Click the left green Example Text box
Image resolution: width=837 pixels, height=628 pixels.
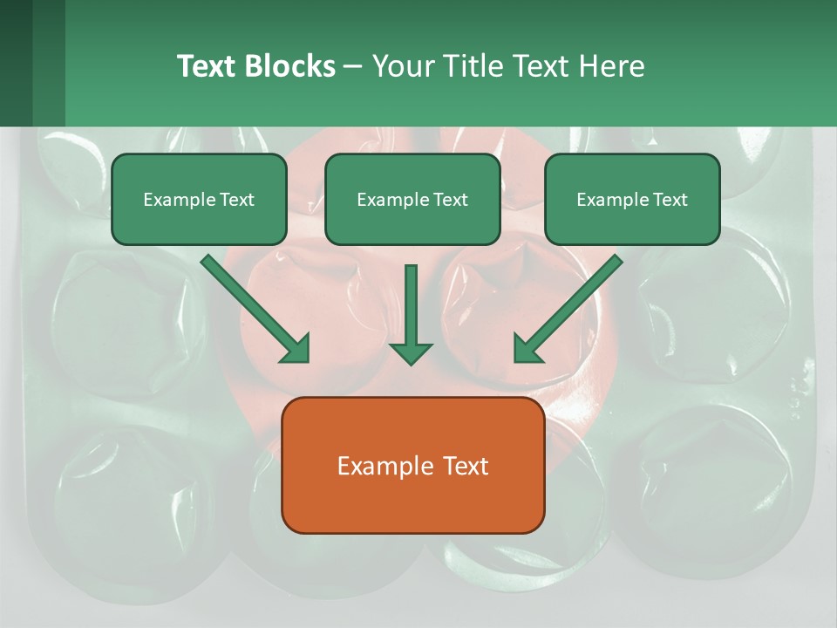point(199,199)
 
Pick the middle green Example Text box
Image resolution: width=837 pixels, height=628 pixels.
point(412,199)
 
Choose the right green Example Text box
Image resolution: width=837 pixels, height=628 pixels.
point(632,199)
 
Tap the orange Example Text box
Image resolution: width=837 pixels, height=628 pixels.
point(412,465)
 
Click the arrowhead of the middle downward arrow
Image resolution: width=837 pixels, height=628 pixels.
point(411,352)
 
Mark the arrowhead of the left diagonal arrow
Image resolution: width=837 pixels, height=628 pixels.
point(296,349)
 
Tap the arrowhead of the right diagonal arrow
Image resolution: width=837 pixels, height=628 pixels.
point(527,349)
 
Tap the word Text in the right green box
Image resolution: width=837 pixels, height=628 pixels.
point(668,200)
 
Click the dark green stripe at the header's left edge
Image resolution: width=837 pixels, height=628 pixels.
point(16,63)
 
